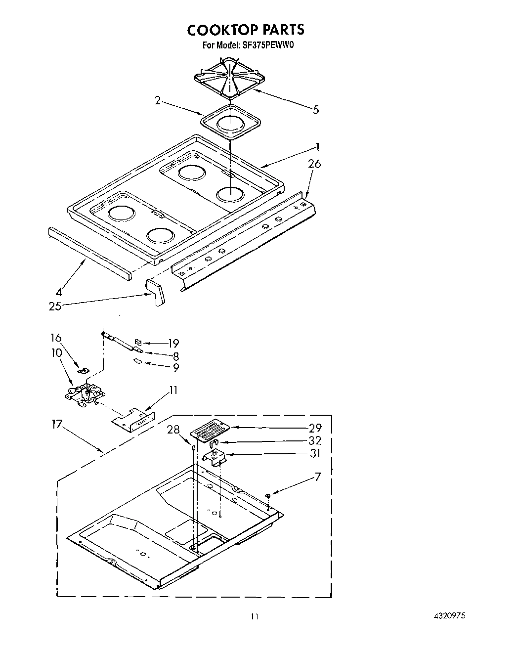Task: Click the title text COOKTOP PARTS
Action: click(x=245, y=30)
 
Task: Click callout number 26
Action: click(x=314, y=164)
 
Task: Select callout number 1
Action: click(x=318, y=147)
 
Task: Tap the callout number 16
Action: click(x=56, y=338)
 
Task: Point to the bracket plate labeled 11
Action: click(x=132, y=417)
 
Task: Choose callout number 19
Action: click(x=172, y=344)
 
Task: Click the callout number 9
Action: click(x=175, y=367)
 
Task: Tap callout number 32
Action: click(x=315, y=440)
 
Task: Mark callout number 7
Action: click(x=318, y=477)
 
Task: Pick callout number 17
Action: click(x=58, y=424)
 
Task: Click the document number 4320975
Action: click(x=449, y=616)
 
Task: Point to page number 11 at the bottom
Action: click(x=254, y=616)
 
